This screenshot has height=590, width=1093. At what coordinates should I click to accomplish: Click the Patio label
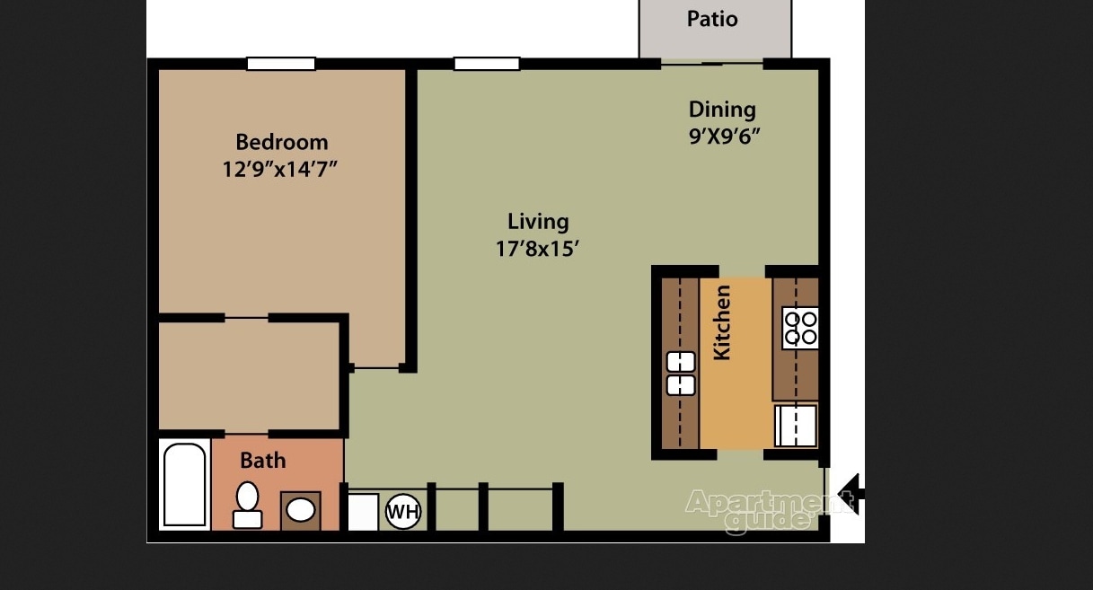point(712,19)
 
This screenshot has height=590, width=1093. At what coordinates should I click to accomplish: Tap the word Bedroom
point(281,142)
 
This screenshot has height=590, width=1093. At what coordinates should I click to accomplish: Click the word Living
point(538,221)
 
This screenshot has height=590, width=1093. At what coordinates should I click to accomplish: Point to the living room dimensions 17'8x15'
point(537,248)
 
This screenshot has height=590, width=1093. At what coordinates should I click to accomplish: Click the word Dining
point(722,110)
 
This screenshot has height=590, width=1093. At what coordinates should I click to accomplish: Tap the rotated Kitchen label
point(722,322)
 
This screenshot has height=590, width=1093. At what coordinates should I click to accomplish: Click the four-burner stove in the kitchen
point(799,328)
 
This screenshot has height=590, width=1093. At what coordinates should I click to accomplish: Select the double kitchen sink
point(681,374)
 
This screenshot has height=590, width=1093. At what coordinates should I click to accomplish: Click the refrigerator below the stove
point(796,426)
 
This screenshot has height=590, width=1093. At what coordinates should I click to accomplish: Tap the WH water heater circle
point(402,513)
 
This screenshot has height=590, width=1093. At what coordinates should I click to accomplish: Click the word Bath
point(263,461)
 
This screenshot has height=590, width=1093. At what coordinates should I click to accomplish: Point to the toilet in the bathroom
point(247,505)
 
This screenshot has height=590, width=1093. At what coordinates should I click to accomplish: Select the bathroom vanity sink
point(300,510)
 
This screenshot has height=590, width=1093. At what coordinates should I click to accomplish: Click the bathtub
point(185,484)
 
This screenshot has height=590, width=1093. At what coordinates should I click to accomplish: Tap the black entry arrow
point(850,493)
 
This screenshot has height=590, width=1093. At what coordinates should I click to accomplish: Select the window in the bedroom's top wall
point(281,64)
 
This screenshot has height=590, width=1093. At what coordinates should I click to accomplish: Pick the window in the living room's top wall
point(487,64)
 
